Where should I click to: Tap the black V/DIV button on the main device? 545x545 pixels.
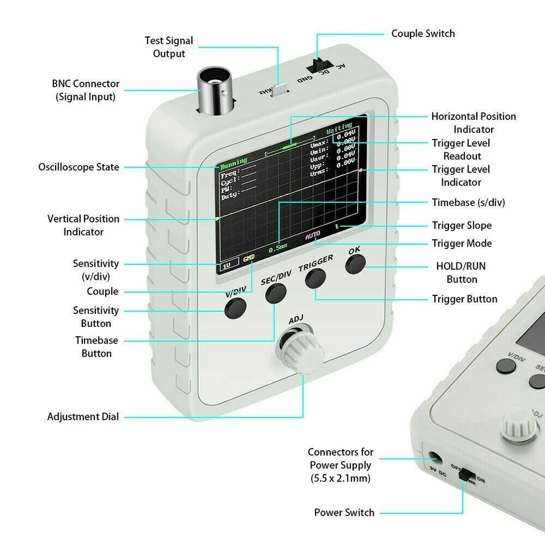[235, 307]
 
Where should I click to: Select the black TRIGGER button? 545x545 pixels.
[315, 278]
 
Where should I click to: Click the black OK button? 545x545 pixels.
[355, 264]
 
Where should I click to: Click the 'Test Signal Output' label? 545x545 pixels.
[169, 47]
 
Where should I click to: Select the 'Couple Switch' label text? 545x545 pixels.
[423, 33]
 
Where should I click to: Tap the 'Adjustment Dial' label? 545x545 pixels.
[83, 417]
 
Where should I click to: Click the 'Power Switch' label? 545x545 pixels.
[344, 513]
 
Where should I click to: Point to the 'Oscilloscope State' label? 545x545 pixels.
[79, 167]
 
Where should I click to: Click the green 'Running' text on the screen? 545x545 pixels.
[233, 161]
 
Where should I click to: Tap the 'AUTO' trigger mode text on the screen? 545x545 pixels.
[313, 235]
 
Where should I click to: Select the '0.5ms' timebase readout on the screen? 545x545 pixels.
[278, 248]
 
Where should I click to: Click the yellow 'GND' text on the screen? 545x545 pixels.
[249, 258]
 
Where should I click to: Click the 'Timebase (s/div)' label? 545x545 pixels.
[468, 203]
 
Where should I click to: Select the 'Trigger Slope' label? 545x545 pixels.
[462, 225]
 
